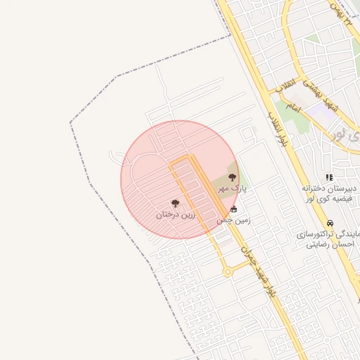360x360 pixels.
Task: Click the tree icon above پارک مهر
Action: (233, 178)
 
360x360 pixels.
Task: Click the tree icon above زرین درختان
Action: (175, 203)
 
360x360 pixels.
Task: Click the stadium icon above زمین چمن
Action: (234, 210)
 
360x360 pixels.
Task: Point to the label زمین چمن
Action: (233, 220)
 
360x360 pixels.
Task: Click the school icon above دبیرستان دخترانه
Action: (328, 178)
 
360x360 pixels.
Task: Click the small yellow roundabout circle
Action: (228, 272)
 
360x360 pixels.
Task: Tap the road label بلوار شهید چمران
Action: (259, 271)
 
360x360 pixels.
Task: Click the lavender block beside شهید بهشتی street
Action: (321, 110)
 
